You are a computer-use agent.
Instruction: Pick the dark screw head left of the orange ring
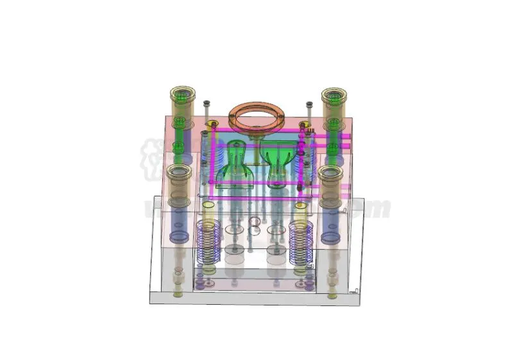click(207, 103)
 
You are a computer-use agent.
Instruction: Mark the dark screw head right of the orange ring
click(309, 104)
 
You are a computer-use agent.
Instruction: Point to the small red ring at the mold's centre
click(255, 222)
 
